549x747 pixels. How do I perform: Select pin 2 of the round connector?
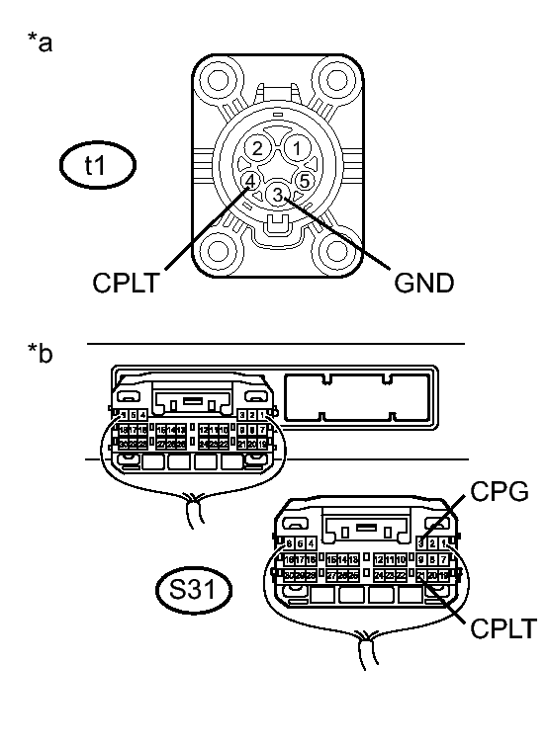point(257,148)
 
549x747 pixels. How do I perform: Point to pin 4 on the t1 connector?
point(250,181)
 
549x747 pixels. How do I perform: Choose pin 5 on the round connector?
point(304,181)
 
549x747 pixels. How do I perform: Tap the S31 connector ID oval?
point(196,590)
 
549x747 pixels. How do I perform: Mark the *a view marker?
point(43,44)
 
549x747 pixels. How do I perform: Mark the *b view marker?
point(43,353)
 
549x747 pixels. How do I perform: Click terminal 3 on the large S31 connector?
point(422,542)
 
